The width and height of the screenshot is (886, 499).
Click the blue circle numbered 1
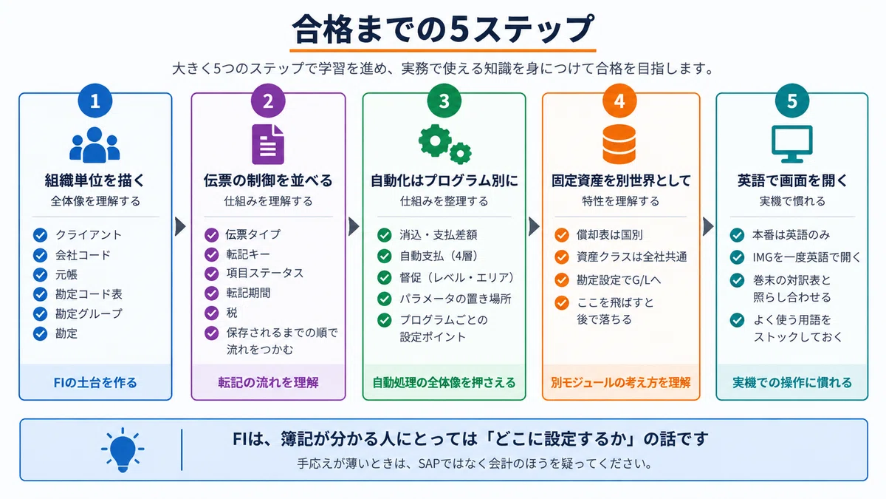[x=95, y=101]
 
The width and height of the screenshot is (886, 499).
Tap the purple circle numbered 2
[x=268, y=101]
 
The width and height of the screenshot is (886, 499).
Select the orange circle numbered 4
[x=619, y=101]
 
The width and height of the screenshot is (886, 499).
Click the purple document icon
[x=268, y=144]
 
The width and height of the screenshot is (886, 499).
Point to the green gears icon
[x=445, y=144]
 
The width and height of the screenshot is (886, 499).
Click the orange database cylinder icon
[x=619, y=144]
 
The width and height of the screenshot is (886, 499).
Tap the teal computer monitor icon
[x=791, y=144]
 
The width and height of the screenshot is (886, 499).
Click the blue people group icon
[x=95, y=145]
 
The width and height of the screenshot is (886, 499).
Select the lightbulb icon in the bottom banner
[x=123, y=450]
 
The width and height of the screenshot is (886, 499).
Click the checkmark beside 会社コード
[x=40, y=255]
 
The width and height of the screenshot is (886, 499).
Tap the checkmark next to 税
[x=212, y=313]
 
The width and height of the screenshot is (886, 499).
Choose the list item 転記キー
[x=248, y=254]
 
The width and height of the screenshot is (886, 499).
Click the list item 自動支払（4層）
[x=439, y=257]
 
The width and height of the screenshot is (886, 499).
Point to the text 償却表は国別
[x=610, y=235]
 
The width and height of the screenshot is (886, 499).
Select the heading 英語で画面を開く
[x=791, y=180]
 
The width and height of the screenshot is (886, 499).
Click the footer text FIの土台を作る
[x=95, y=383]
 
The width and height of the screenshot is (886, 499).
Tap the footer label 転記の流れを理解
[x=268, y=383]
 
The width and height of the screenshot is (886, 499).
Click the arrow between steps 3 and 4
[x=534, y=226]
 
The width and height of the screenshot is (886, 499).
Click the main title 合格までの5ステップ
[x=443, y=29]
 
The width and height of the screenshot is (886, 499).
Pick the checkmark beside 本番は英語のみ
[x=737, y=235]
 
